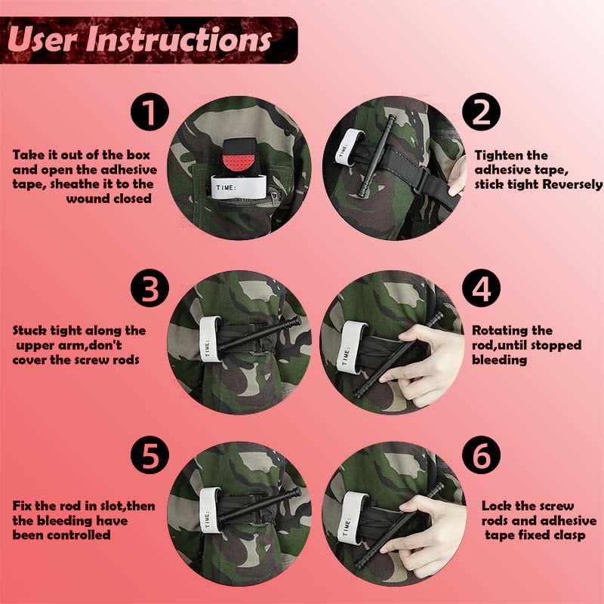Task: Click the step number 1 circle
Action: point(151,113)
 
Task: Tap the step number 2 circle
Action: point(482,113)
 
